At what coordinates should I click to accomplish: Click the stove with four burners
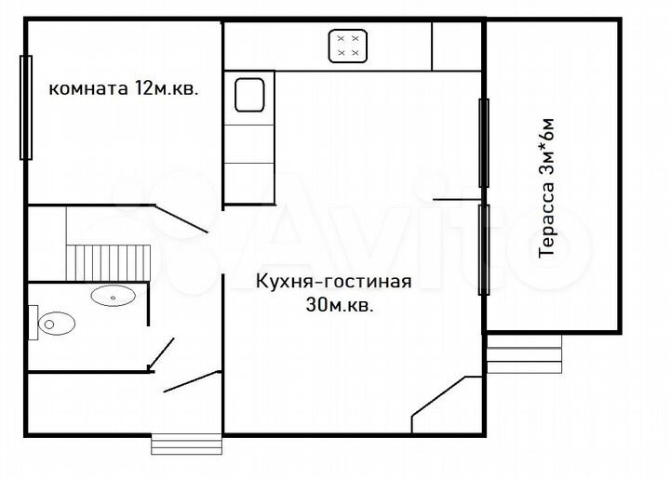point(349,46)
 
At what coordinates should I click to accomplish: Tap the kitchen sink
point(249,94)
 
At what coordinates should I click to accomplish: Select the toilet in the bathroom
point(56,323)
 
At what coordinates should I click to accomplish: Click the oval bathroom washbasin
point(114,297)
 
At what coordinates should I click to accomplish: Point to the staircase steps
point(110,259)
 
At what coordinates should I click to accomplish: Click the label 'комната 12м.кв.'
point(123,89)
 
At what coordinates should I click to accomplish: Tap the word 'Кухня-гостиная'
point(332,281)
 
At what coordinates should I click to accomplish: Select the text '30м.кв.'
point(339,305)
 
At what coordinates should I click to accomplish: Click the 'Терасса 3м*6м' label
point(548,187)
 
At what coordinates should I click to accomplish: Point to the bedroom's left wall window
point(26,107)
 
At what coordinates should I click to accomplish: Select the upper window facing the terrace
point(483,142)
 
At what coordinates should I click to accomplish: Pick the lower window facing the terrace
point(483,249)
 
